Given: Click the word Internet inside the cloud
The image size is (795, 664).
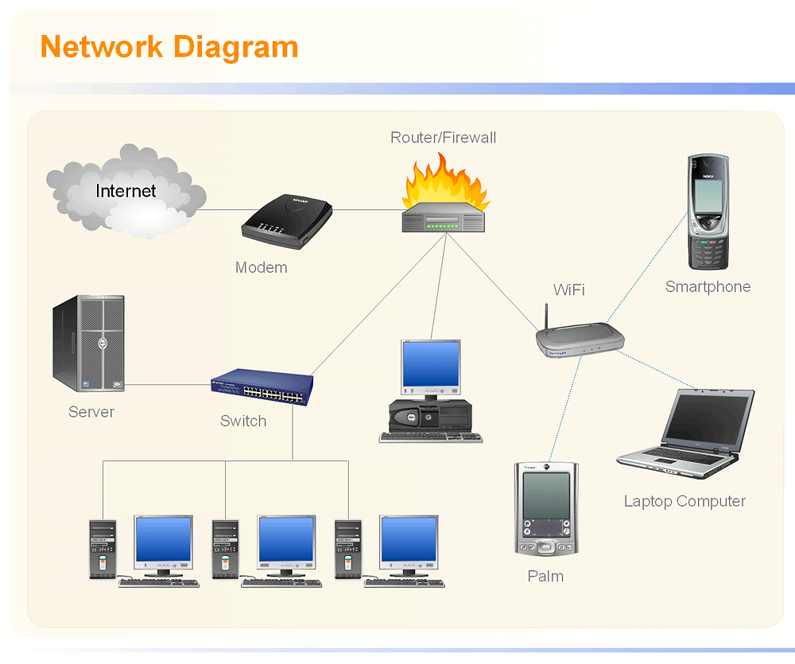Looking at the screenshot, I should (126, 191).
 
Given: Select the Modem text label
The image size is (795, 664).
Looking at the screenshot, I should (261, 268).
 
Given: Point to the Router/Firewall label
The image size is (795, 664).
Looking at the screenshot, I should (443, 138).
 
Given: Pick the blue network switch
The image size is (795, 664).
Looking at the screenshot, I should (262, 387).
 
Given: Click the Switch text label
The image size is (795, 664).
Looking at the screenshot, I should (242, 421).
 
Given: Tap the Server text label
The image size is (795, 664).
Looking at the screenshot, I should (91, 412).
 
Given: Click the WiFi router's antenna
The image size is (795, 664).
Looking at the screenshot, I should (548, 316).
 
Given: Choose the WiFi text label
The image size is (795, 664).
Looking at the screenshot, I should (568, 289).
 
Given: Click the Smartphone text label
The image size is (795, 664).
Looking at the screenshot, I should (708, 287).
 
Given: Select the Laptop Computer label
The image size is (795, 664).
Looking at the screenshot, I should (684, 502).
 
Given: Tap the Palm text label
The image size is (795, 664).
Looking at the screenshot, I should (545, 577).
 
